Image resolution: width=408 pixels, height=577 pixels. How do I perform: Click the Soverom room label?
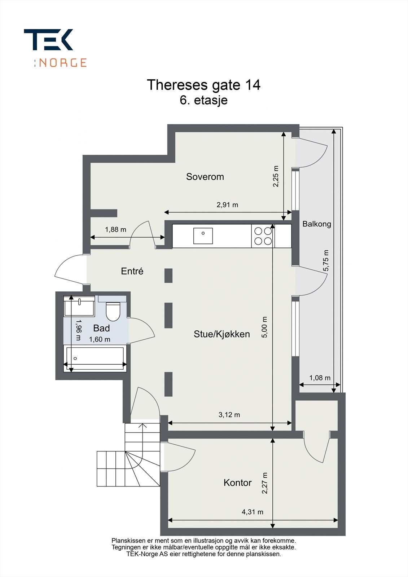click(x=205, y=177)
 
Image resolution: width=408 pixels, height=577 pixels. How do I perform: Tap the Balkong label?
click(x=316, y=224)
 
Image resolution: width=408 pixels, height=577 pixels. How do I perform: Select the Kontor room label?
click(x=237, y=483)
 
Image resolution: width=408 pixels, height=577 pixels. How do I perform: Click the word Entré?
click(x=132, y=271)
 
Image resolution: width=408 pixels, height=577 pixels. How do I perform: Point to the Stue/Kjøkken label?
click(x=221, y=334)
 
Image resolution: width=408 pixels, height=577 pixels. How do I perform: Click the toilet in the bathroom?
click(x=113, y=311)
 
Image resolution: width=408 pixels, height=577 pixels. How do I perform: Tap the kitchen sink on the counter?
click(x=203, y=236)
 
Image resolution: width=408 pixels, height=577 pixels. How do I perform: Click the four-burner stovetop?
click(x=263, y=236)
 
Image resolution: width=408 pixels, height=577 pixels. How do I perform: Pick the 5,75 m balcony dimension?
click(x=326, y=260)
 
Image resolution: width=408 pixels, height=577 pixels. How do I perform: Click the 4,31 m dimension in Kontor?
click(x=252, y=512)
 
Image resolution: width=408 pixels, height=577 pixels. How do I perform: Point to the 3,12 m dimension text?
click(x=229, y=415)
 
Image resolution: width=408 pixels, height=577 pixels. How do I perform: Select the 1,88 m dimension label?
click(x=115, y=229)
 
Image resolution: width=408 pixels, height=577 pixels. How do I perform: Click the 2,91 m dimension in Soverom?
click(x=227, y=205)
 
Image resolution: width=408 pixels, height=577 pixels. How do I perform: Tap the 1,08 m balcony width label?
click(x=320, y=378)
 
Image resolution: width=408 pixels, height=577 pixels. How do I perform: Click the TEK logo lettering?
click(x=49, y=40)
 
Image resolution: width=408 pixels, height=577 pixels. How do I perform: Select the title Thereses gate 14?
click(x=203, y=85)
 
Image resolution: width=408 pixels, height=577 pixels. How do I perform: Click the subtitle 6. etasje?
click(x=203, y=100)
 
